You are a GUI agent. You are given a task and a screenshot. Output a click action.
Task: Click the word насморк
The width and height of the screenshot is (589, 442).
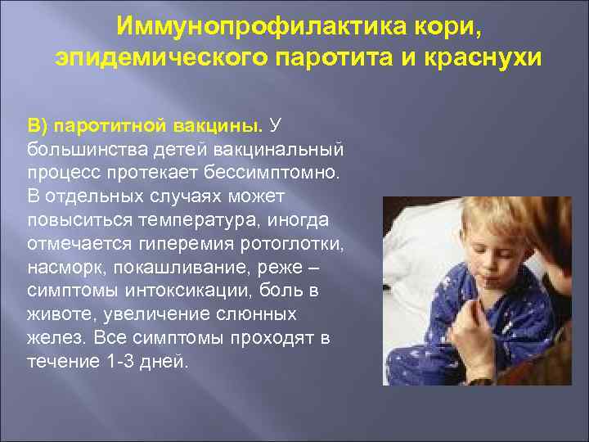(x=61, y=268)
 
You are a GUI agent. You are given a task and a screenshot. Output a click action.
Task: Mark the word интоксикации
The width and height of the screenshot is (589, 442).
(x=180, y=291)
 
